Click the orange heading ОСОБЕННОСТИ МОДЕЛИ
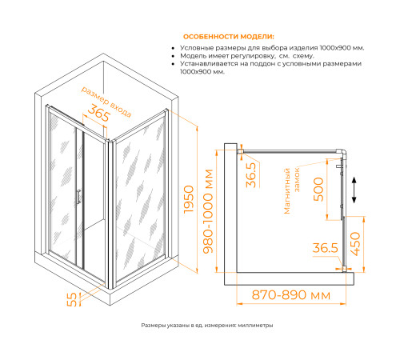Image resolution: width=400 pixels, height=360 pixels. pyautogui.click(x=229, y=37)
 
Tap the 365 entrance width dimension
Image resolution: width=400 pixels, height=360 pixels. pyautogui.click(x=98, y=113)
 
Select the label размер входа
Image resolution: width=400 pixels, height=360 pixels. pyautogui.click(x=106, y=102)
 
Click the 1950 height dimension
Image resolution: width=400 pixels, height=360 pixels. pyautogui.click(x=189, y=199)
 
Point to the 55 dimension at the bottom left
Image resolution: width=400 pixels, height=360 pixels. pyautogui.click(x=71, y=299)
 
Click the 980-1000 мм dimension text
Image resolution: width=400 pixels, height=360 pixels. pyautogui.click(x=208, y=211)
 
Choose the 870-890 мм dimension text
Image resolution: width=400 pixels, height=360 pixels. pyautogui.click(x=291, y=295)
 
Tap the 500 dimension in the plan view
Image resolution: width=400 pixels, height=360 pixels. pyautogui.click(x=318, y=190)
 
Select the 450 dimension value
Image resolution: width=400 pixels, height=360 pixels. pyautogui.click(x=355, y=244)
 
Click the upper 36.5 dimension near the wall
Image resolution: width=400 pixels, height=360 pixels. pyautogui.click(x=251, y=175)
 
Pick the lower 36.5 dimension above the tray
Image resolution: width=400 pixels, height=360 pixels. pyautogui.click(x=326, y=248)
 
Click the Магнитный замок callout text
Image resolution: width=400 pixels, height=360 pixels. pyautogui.click(x=292, y=190)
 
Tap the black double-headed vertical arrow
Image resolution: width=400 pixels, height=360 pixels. pyautogui.click(x=354, y=190)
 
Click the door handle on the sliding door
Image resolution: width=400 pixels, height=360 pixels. pyautogui.click(x=78, y=197)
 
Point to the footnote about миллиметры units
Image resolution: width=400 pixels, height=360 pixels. pyautogui.click(x=207, y=326)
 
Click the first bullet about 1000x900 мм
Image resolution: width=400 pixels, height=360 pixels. pyautogui.click(x=272, y=48)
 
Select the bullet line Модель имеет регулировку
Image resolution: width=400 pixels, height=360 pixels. pyautogui.click(x=247, y=56)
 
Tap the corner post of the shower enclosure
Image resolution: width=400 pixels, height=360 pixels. pyautogui.click(x=110, y=214)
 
